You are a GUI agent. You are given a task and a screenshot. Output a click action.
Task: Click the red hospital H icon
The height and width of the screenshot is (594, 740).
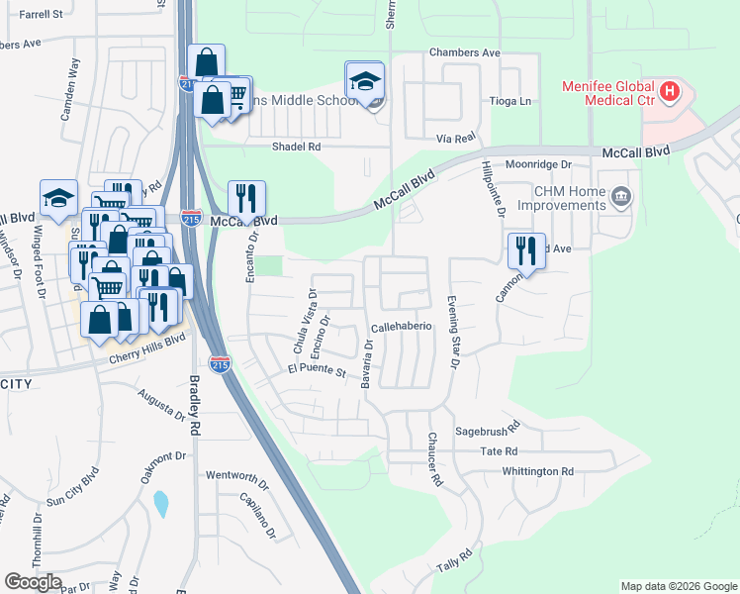pyautogui.click(x=670, y=93)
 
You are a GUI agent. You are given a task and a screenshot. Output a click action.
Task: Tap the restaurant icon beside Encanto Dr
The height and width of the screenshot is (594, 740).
pyautogui.click(x=244, y=198)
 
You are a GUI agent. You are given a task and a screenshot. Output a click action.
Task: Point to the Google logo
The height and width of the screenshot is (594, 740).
pyautogui.click(x=34, y=582)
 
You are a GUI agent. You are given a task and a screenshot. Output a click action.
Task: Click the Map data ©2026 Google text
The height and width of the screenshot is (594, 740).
pyautogui.click(x=678, y=586)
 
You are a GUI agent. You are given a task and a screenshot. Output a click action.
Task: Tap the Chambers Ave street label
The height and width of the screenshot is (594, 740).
pyautogui.click(x=464, y=52)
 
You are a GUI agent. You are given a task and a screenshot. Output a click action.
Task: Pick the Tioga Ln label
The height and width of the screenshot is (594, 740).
pyautogui.click(x=510, y=101)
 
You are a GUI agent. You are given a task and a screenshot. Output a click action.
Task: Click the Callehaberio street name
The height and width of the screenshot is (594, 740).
pyautogui.click(x=401, y=326)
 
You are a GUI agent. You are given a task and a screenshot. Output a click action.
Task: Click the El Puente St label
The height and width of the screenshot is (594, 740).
pyautogui.click(x=316, y=372)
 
